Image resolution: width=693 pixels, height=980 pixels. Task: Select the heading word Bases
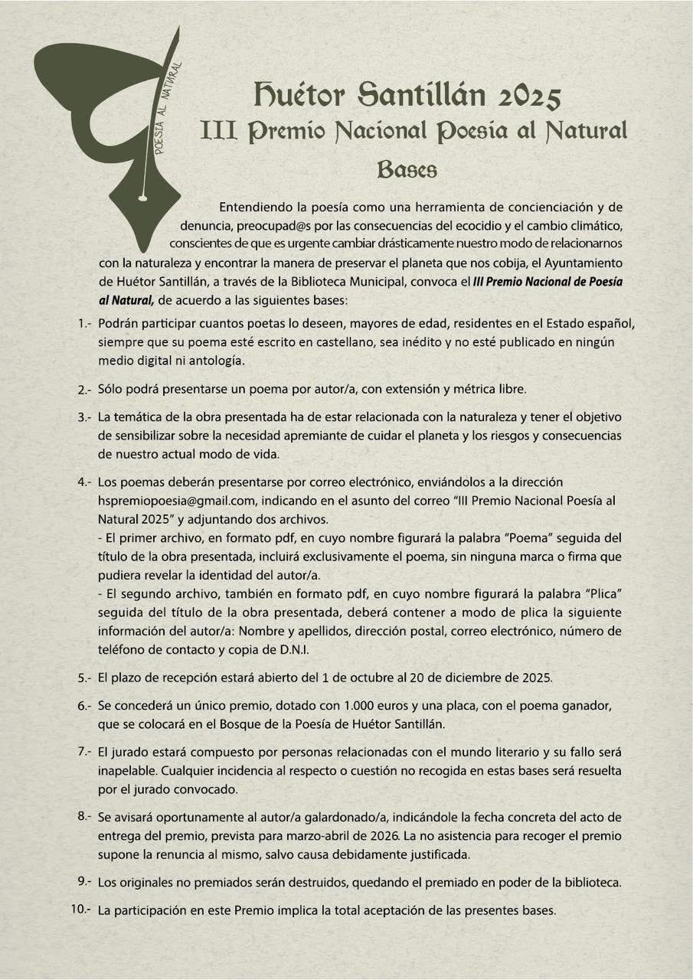pyautogui.click(x=407, y=169)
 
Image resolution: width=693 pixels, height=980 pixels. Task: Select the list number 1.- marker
pyautogui.click(x=85, y=325)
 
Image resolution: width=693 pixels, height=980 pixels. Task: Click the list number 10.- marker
pyautogui.click(x=82, y=910)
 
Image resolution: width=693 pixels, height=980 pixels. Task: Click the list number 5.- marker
pyautogui.click(x=85, y=678)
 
